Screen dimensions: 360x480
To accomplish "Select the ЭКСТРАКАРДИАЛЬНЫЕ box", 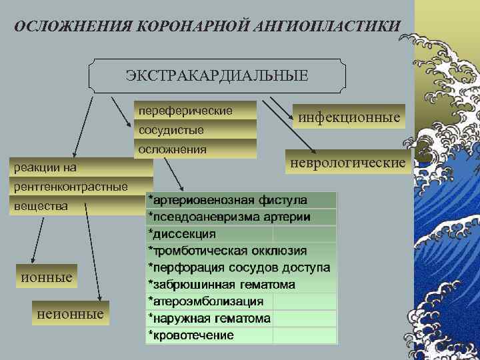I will (217, 75).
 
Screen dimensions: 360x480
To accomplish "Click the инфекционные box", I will (349, 117).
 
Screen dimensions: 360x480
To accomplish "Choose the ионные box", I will (46, 276).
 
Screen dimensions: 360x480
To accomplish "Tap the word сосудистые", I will (171, 129).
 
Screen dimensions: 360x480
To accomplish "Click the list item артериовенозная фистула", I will (227, 200).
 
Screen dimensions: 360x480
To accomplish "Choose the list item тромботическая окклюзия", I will (227, 251).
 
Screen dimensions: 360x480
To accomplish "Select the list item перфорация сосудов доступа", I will (239, 267).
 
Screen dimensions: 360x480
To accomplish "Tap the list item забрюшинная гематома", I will (221, 285).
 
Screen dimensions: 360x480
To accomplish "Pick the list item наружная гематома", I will (209, 319).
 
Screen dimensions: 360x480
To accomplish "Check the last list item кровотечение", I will (191, 335).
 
